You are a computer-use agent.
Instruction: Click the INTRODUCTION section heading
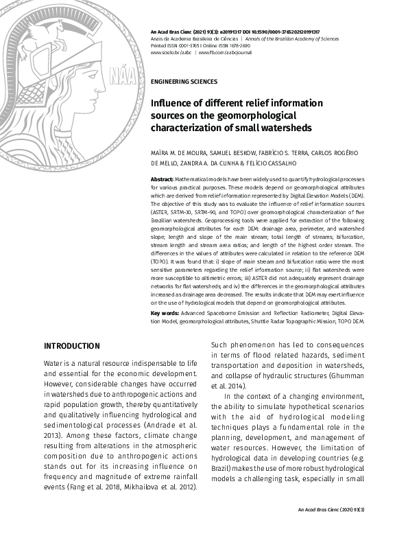(72, 345)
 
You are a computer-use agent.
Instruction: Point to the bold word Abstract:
(162, 178)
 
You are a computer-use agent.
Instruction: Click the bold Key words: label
(165, 314)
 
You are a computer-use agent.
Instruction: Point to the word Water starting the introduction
(55, 362)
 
